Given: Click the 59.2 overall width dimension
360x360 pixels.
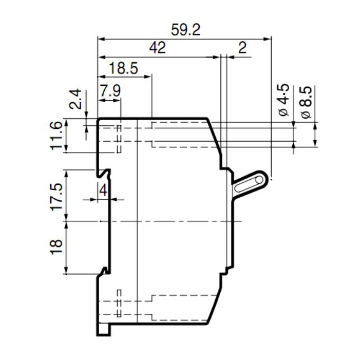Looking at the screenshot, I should [185, 29].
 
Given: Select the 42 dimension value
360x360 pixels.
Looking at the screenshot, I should [158, 48].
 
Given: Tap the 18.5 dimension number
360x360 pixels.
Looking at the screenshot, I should [124, 68].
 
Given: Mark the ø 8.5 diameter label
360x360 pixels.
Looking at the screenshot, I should [305, 103].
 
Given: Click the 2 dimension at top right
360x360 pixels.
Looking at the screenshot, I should [242, 48].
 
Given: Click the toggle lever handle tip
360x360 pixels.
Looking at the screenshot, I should [261, 179].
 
